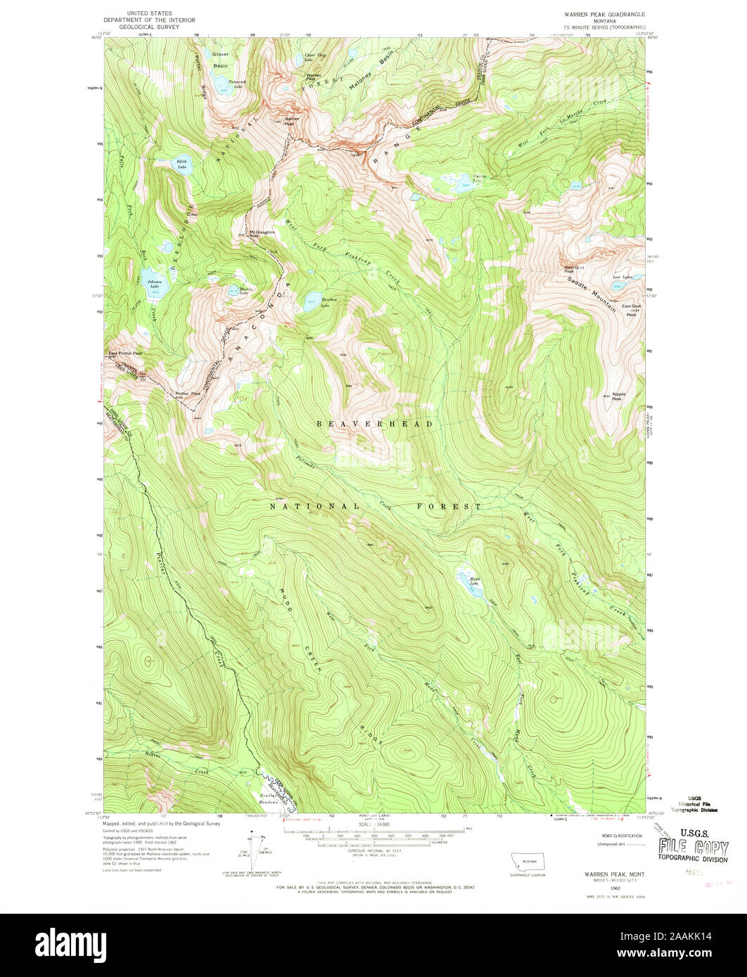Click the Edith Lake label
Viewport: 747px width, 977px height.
click(181, 165)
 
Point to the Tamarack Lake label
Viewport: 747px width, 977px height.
click(241, 82)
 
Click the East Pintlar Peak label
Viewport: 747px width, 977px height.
click(125, 354)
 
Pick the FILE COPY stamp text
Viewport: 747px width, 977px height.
click(693, 845)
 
